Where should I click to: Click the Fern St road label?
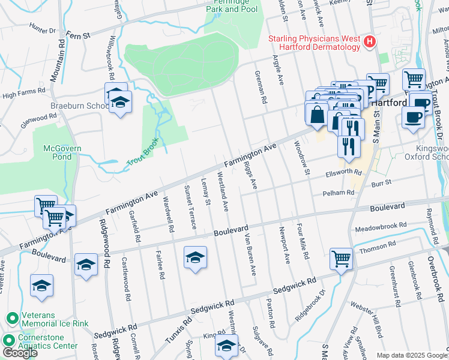(x=78, y=35)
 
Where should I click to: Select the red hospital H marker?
(x=370, y=42)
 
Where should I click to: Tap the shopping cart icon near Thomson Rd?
(x=341, y=259)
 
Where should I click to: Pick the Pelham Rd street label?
(x=339, y=193)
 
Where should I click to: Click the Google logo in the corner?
(x=20, y=353)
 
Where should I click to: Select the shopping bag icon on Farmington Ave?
(x=316, y=113)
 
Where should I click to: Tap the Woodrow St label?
(x=300, y=158)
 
